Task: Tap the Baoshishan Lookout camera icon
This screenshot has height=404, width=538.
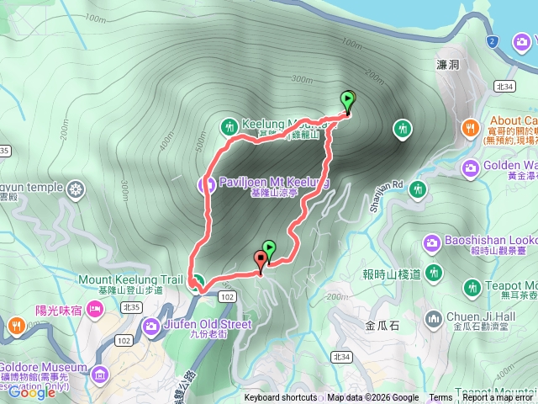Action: (432, 243)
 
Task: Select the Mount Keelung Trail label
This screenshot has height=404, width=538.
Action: (129, 279)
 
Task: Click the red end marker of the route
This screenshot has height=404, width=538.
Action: (261, 260)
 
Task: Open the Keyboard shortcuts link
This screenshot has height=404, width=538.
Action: (281, 398)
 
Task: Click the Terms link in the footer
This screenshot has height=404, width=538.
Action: (440, 398)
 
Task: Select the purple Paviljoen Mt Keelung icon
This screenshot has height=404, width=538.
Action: (204, 183)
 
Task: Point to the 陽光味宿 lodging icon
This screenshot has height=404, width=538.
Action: (95, 309)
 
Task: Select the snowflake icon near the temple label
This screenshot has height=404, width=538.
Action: (76, 187)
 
